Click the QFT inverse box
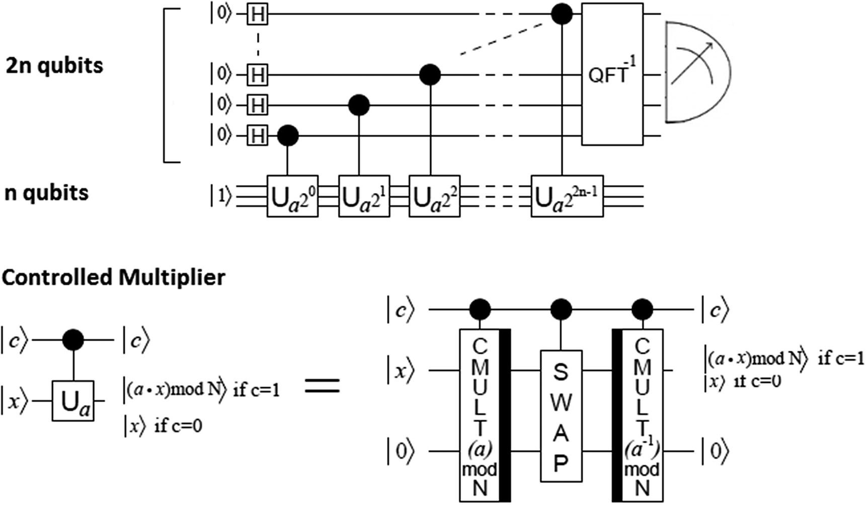click(612, 74)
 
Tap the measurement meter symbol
click(696, 72)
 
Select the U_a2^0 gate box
click(292, 196)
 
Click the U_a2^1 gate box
click(364, 196)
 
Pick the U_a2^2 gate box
click(434, 196)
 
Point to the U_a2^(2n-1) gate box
click(567, 196)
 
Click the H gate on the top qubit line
click(257, 15)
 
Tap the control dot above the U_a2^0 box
click(288, 135)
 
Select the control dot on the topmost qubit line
click(562, 15)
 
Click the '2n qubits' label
click(54, 66)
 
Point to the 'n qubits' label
click(46, 193)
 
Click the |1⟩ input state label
click(221, 196)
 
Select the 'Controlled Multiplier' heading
click(113, 277)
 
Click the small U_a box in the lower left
click(73, 400)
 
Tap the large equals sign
click(323, 386)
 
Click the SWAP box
click(561, 416)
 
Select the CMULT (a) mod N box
click(480, 415)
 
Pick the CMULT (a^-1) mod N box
click(642, 415)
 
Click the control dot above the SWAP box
click(561, 310)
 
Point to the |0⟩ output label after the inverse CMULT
click(715, 451)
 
